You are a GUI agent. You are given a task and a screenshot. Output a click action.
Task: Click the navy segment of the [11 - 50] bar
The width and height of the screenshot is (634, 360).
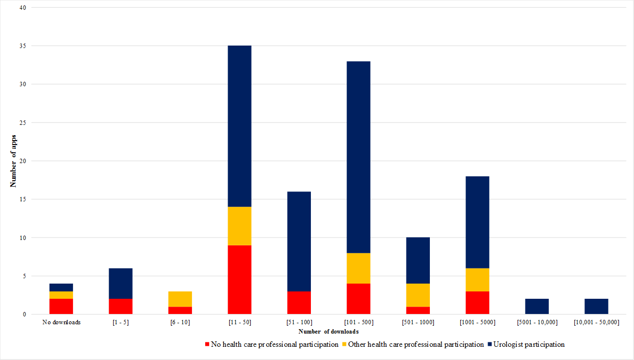pyautogui.click(x=239, y=126)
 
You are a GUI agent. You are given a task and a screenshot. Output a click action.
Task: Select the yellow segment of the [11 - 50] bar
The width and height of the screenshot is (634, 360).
pyautogui.click(x=239, y=226)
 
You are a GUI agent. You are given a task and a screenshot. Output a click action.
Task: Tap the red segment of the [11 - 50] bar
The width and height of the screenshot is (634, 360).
pyautogui.click(x=239, y=280)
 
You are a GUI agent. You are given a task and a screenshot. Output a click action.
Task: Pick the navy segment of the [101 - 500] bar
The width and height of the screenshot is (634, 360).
pyautogui.click(x=358, y=157)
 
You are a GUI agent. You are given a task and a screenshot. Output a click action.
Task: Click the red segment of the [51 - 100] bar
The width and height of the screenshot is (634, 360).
pyautogui.click(x=299, y=303)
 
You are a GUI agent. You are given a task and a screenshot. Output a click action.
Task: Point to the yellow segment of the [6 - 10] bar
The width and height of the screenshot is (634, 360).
pyautogui.click(x=180, y=299)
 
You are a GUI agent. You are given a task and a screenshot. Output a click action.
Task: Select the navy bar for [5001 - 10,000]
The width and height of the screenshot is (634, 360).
pyautogui.click(x=537, y=307)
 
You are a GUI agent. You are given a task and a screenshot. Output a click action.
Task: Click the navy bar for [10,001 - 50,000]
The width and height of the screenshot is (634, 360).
pyautogui.click(x=596, y=307)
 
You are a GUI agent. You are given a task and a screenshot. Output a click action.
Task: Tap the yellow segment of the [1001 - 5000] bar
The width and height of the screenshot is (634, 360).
pyautogui.click(x=477, y=280)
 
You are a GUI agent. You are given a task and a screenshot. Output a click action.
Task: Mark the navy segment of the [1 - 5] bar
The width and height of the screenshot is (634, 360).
pyautogui.click(x=120, y=284)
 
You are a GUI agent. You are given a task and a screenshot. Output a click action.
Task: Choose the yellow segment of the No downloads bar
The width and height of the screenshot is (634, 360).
pyautogui.click(x=61, y=295)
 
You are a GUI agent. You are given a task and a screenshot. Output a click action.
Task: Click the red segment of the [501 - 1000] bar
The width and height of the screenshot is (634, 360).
pyautogui.click(x=418, y=311)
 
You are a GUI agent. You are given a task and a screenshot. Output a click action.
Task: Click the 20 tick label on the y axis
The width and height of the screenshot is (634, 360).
pyautogui.click(x=23, y=161)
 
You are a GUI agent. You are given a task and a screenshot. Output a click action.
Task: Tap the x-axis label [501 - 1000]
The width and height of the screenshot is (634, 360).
pyautogui.click(x=418, y=322)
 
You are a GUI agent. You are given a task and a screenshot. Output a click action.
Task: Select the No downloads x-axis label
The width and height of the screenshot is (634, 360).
pyautogui.click(x=61, y=322)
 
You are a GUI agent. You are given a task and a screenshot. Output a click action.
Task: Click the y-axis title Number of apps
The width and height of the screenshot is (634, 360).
pyautogui.click(x=14, y=161)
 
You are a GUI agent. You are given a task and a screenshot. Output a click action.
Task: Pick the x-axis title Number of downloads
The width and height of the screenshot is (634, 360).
pyautogui.click(x=329, y=332)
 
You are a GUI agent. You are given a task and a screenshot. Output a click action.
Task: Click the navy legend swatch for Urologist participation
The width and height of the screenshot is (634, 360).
pyautogui.click(x=491, y=344)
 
